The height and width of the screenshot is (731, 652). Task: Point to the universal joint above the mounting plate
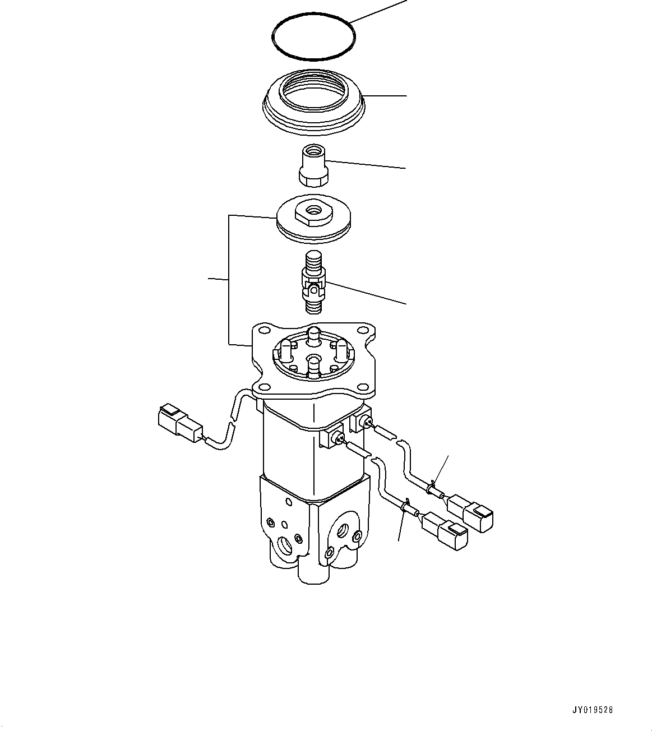pyautogui.click(x=313, y=283)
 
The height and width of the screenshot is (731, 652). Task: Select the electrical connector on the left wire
pyautogui.click(x=180, y=423)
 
